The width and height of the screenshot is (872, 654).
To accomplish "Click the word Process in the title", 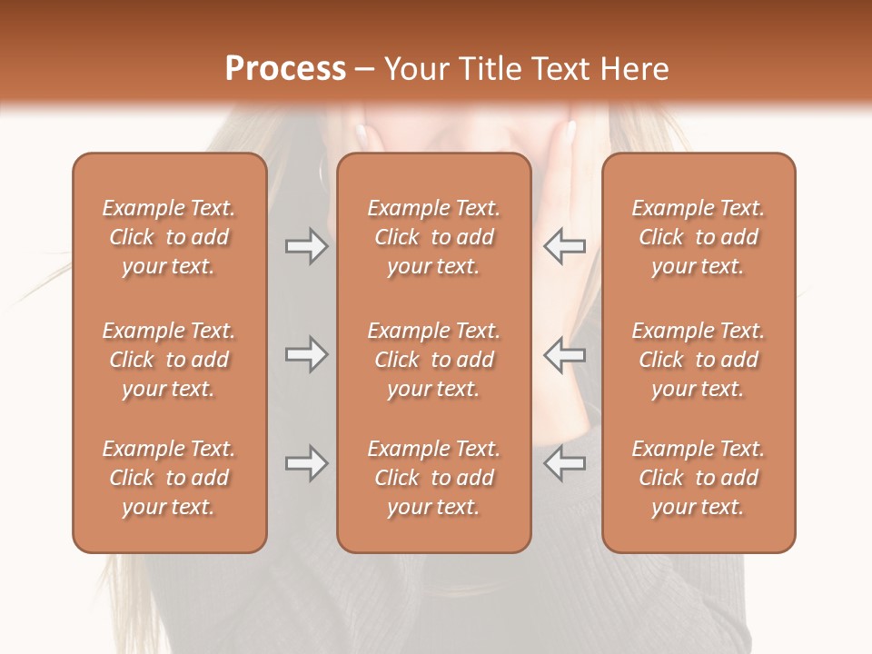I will [285, 69].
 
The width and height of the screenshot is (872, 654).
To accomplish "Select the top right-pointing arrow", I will [306, 246].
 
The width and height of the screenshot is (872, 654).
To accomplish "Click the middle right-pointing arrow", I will [306, 354].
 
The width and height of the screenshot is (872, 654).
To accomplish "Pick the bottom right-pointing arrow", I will [306, 463].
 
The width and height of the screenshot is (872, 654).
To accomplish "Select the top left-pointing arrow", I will [565, 246].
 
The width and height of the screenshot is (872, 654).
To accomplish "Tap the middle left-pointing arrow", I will [565, 354].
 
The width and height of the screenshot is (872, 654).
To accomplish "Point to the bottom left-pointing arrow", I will [565, 463].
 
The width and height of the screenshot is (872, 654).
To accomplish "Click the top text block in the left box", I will [169, 237].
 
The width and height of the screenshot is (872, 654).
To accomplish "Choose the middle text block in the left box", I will [169, 360].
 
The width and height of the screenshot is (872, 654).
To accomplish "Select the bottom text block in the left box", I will [169, 478].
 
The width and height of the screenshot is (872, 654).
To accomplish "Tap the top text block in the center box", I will [433, 237].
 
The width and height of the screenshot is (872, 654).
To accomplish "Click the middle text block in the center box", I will [433, 360].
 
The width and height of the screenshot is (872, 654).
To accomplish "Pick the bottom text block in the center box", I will [433, 478].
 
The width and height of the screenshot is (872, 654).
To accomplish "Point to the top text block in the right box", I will [698, 237].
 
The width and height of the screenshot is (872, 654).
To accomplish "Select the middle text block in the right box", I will [698, 360].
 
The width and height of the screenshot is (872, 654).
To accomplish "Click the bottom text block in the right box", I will [698, 478].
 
